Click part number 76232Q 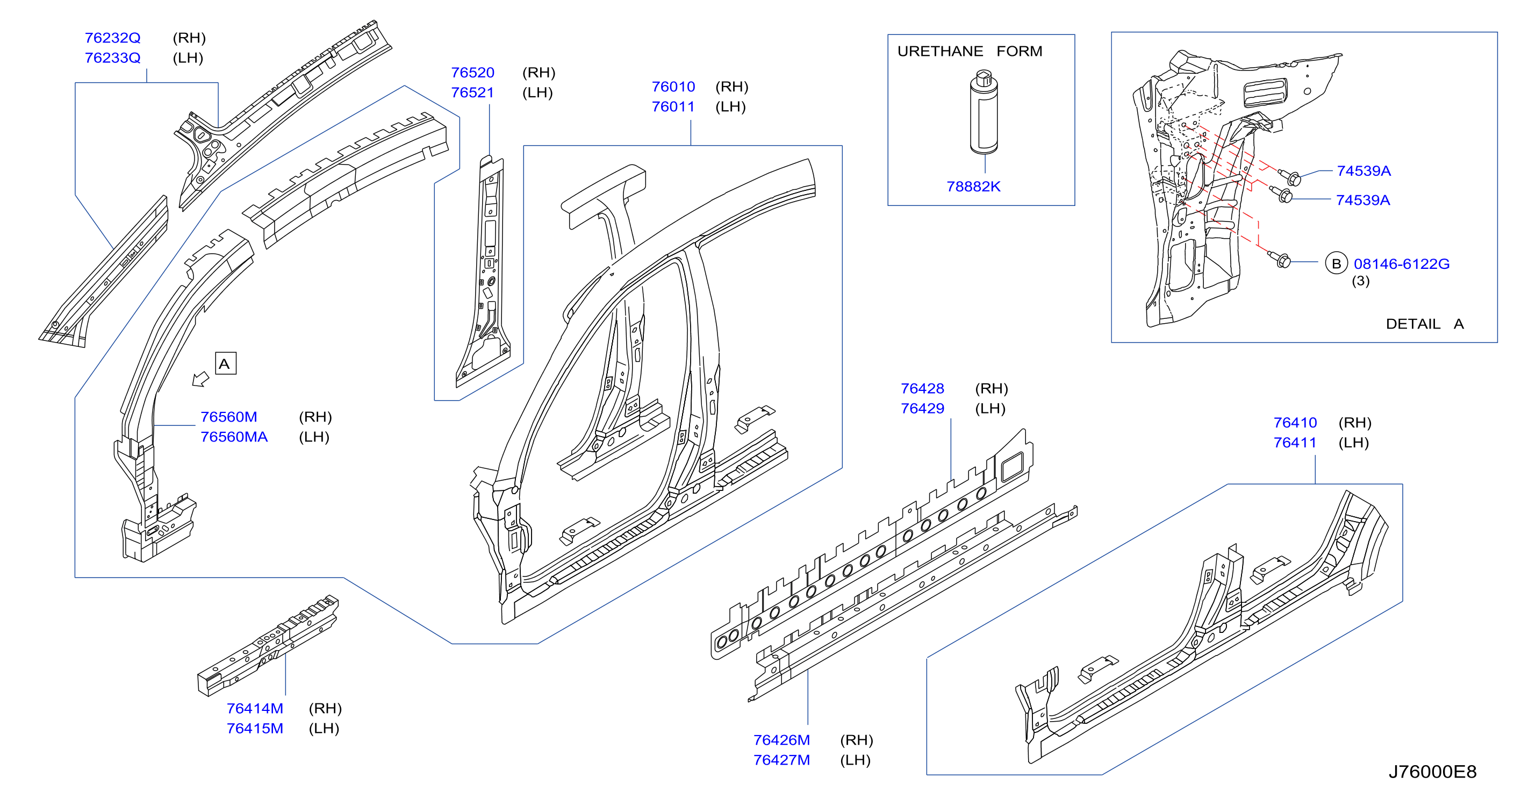pos(112,38)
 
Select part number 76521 pos(472,93)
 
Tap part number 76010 pos(673,87)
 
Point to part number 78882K pos(973,187)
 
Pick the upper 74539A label pos(1363,171)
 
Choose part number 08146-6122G pos(1401,264)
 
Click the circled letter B pos(1336,263)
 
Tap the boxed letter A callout pos(225,363)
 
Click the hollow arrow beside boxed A pos(200,379)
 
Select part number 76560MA pos(234,437)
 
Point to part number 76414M pos(255,709)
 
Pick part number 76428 pos(922,389)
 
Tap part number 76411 pos(1295,443)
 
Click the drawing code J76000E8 pos(1432,772)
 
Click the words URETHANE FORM pos(970,52)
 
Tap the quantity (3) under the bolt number pos(1360,281)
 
